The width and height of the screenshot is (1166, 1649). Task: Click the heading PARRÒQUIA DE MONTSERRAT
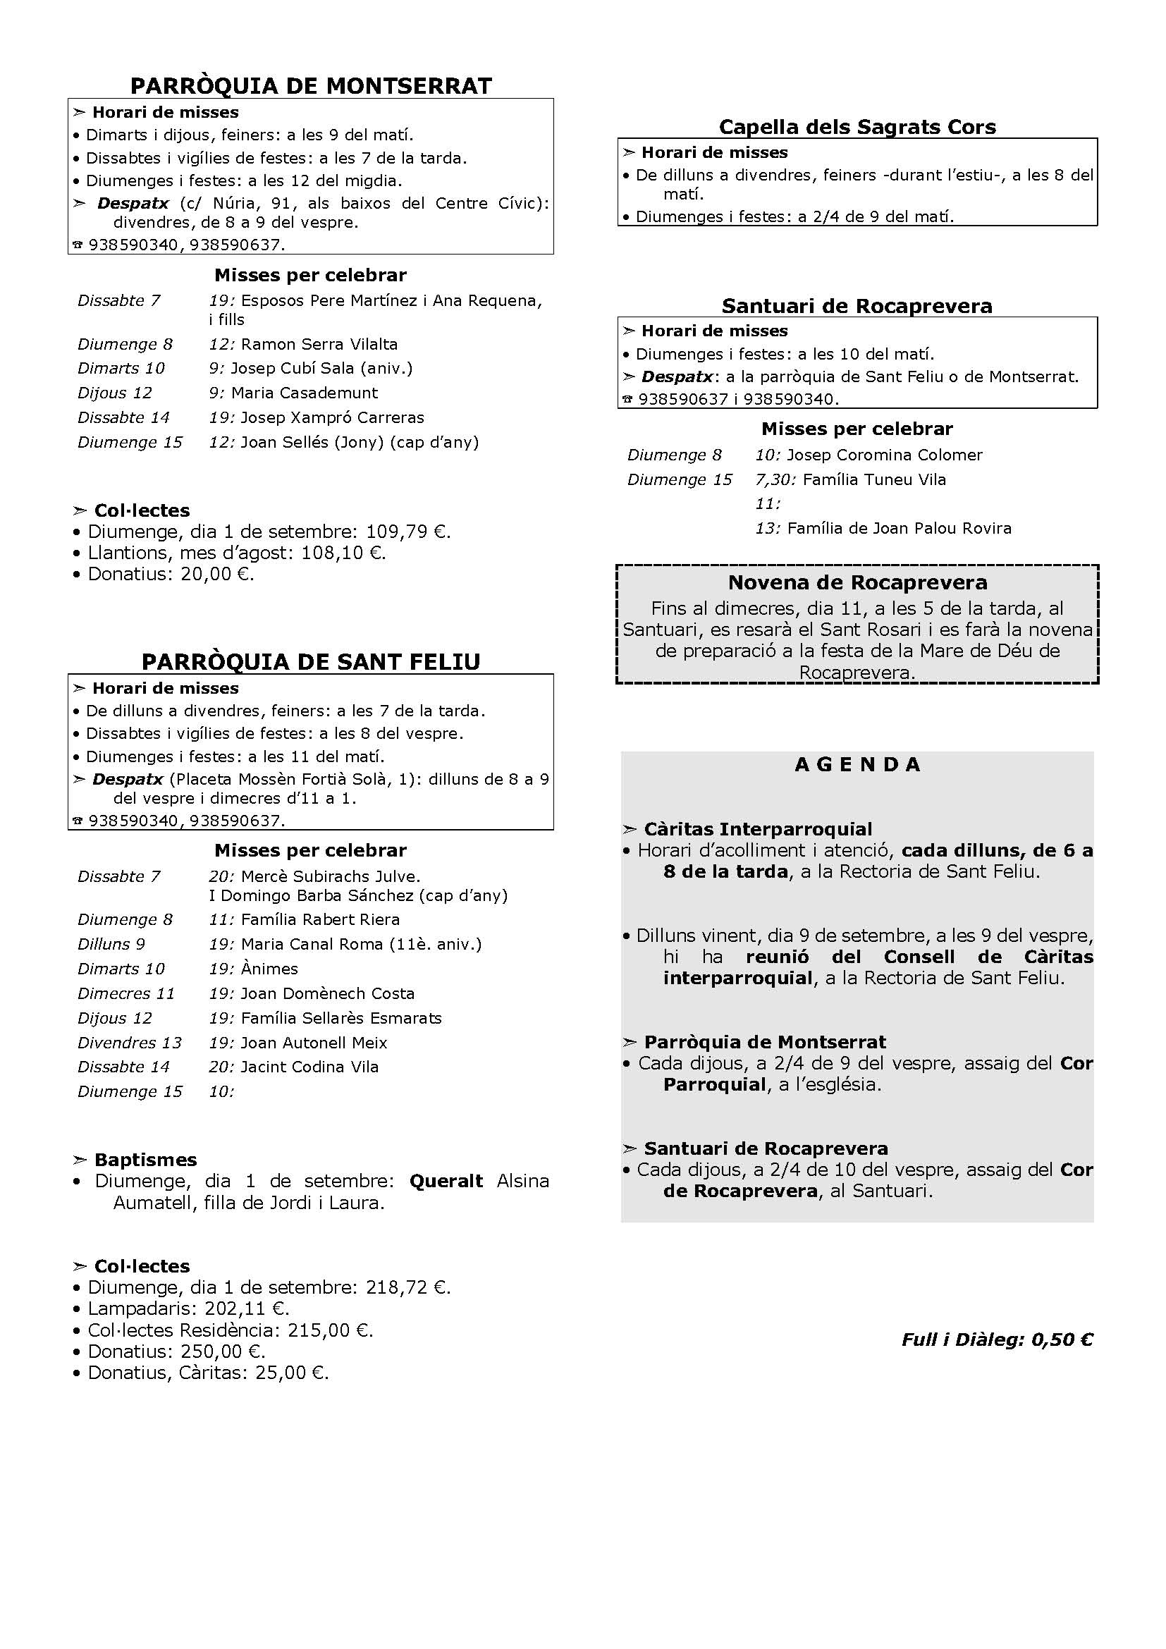point(311,86)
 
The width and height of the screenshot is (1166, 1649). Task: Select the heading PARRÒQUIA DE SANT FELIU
point(311,661)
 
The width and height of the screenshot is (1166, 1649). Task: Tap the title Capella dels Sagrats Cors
point(857,127)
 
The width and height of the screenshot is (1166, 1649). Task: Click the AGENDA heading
point(857,764)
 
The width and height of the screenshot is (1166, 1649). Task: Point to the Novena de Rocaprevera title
point(857,582)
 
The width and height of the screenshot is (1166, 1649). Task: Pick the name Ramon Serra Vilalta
point(319,344)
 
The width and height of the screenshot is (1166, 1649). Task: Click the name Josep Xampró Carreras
point(332,417)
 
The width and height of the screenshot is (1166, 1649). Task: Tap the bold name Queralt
point(446,1181)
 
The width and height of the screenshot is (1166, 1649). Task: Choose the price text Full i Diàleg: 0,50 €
point(998,1340)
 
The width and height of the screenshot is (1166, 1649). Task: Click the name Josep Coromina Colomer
point(885,455)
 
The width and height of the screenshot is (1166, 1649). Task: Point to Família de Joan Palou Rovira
point(899,529)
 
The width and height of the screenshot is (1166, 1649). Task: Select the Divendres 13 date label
point(129,1042)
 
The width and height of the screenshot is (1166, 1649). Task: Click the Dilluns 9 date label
point(111,944)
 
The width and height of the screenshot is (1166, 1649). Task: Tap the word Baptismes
point(145,1160)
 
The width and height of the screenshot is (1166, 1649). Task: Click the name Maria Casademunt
point(305,393)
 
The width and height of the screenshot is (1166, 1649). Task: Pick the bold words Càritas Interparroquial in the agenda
point(757,829)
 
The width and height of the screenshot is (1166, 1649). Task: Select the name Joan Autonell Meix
point(314,1042)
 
